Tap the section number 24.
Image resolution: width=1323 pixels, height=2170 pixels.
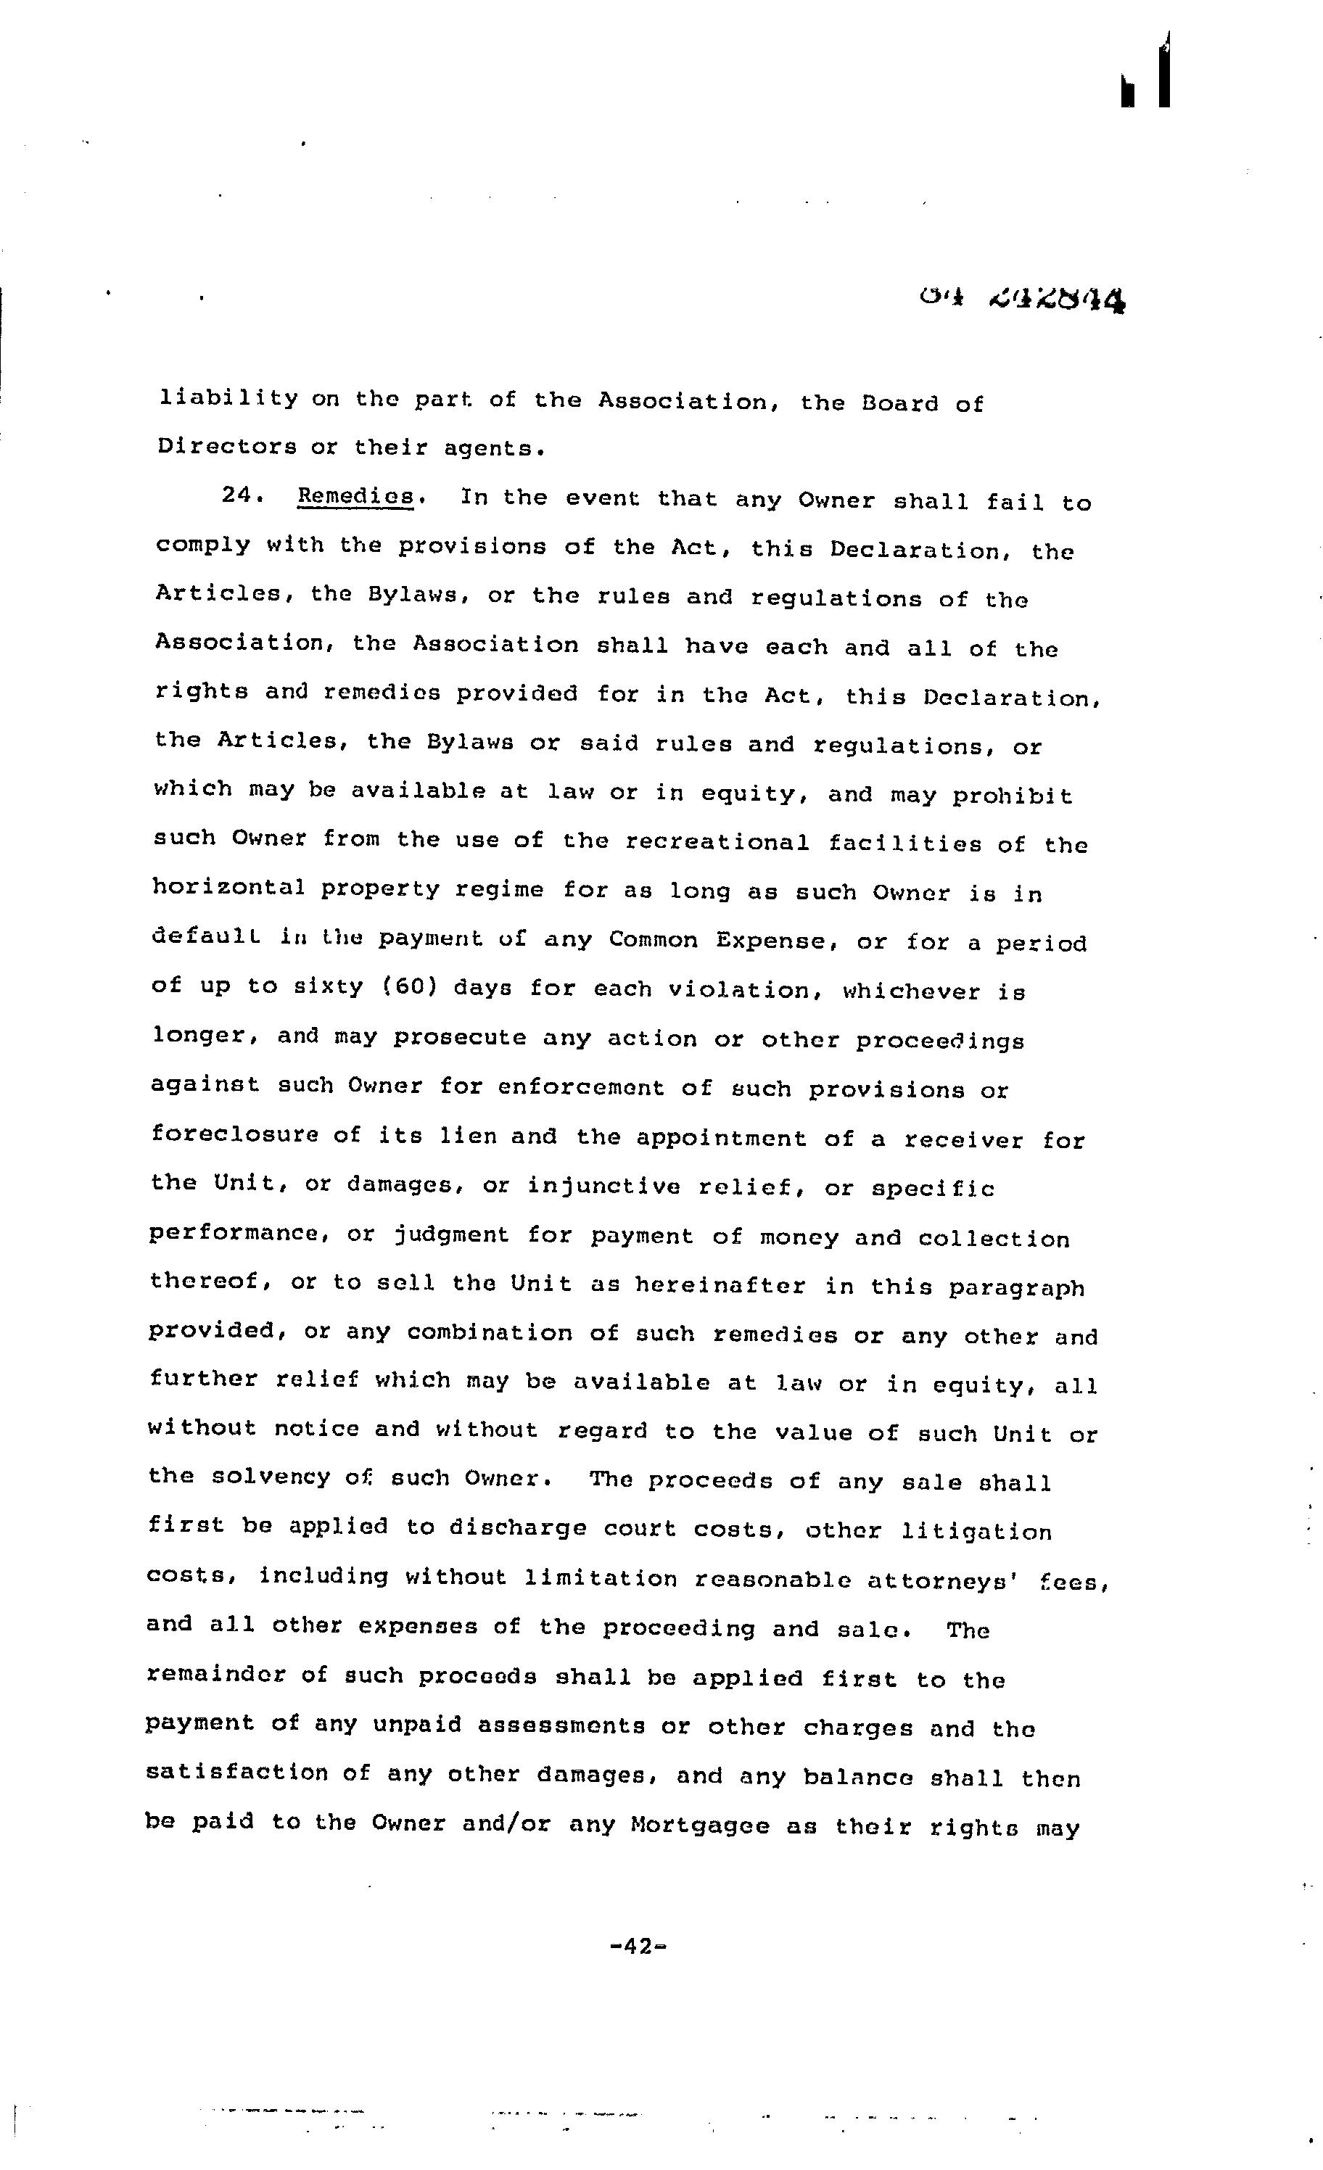pos(239,496)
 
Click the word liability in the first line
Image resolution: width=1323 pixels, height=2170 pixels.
pos(228,399)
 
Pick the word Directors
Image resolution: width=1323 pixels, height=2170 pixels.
pos(227,447)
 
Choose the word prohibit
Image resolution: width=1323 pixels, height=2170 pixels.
pos(1013,797)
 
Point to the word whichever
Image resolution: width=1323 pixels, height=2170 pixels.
pos(912,991)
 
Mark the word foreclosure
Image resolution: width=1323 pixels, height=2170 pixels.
pos(234,1134)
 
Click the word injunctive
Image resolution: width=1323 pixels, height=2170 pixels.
pos(603,1187)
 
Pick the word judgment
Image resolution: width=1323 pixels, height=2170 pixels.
pos(451,1234)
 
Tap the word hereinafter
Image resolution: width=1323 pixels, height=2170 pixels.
pos(720,1285)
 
